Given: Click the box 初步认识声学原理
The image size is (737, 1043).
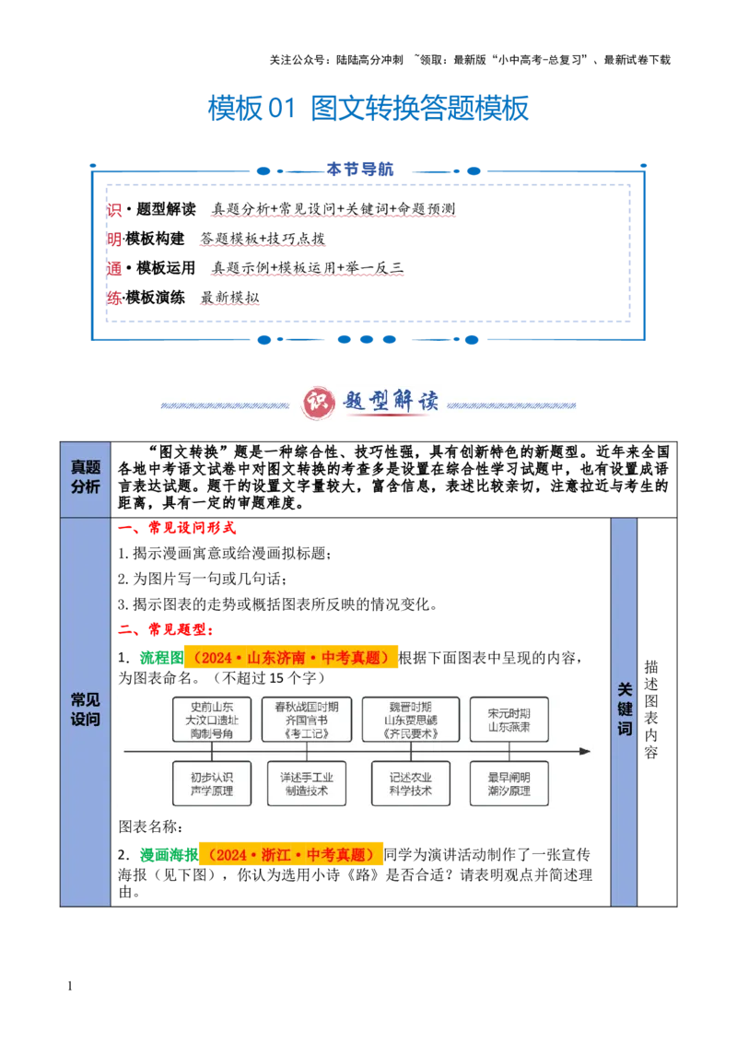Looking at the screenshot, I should point(211,783).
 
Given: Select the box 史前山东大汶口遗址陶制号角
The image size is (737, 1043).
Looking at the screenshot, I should point(211,720).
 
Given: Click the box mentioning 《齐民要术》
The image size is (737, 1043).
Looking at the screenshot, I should point(410,720).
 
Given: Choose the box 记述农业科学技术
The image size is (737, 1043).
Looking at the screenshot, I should point(410,783).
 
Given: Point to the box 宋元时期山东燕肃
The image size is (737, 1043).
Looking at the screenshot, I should point(509,720).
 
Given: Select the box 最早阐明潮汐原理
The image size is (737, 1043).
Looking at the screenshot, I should point(509,783).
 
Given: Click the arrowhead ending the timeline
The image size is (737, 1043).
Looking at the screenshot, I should point(585,752).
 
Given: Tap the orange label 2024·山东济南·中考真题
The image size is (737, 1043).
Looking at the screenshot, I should point(293,658).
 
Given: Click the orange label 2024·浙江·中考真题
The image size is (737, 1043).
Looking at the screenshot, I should point(291,855).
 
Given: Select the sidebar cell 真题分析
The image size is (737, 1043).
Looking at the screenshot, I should point(85,477).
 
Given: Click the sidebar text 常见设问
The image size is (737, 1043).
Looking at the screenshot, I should point(85,709).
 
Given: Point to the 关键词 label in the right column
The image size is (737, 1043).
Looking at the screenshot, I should point(625,709).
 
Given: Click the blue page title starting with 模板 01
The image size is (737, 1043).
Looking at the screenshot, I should point(368,109).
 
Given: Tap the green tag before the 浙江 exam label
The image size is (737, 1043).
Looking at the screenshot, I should point(167,854).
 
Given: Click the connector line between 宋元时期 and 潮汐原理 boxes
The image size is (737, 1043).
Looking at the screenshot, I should point(509,752).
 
